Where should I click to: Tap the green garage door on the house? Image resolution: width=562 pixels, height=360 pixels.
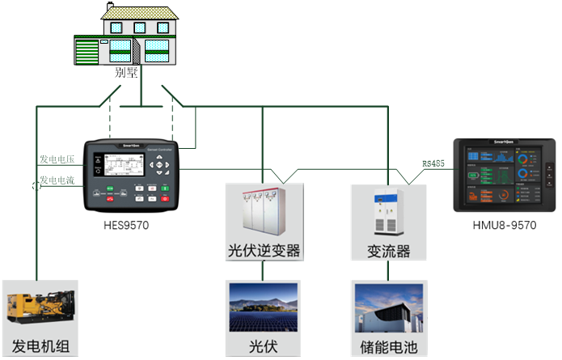(x=86, y=52)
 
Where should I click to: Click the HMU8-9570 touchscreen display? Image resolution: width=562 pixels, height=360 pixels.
(x=502, y=176)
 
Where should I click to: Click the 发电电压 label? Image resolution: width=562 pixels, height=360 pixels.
(x=57, y=159)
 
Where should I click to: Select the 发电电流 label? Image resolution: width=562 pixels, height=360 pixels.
(x=57, y=180)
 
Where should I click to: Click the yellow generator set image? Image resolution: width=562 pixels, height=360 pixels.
(x=40, y=308)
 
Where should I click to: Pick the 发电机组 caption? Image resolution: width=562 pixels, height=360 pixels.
(x=40, y=347)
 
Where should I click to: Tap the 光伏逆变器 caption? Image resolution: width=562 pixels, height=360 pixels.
(x=264, y=250)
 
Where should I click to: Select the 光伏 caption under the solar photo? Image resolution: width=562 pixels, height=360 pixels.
(x=263, y=347)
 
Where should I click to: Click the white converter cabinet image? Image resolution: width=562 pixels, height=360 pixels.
(x=387, y=212)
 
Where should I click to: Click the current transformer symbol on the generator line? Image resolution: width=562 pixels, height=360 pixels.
(x=36, y=187)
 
